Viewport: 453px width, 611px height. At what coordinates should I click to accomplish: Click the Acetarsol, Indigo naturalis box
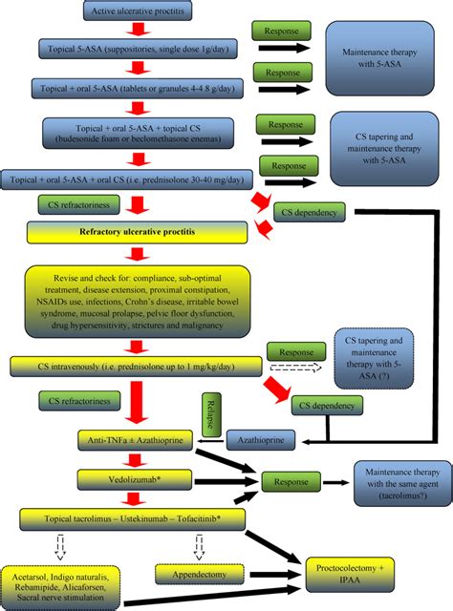(x=59, y=578)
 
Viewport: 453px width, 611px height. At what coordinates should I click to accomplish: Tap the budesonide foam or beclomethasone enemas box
(x=141, y=134)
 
